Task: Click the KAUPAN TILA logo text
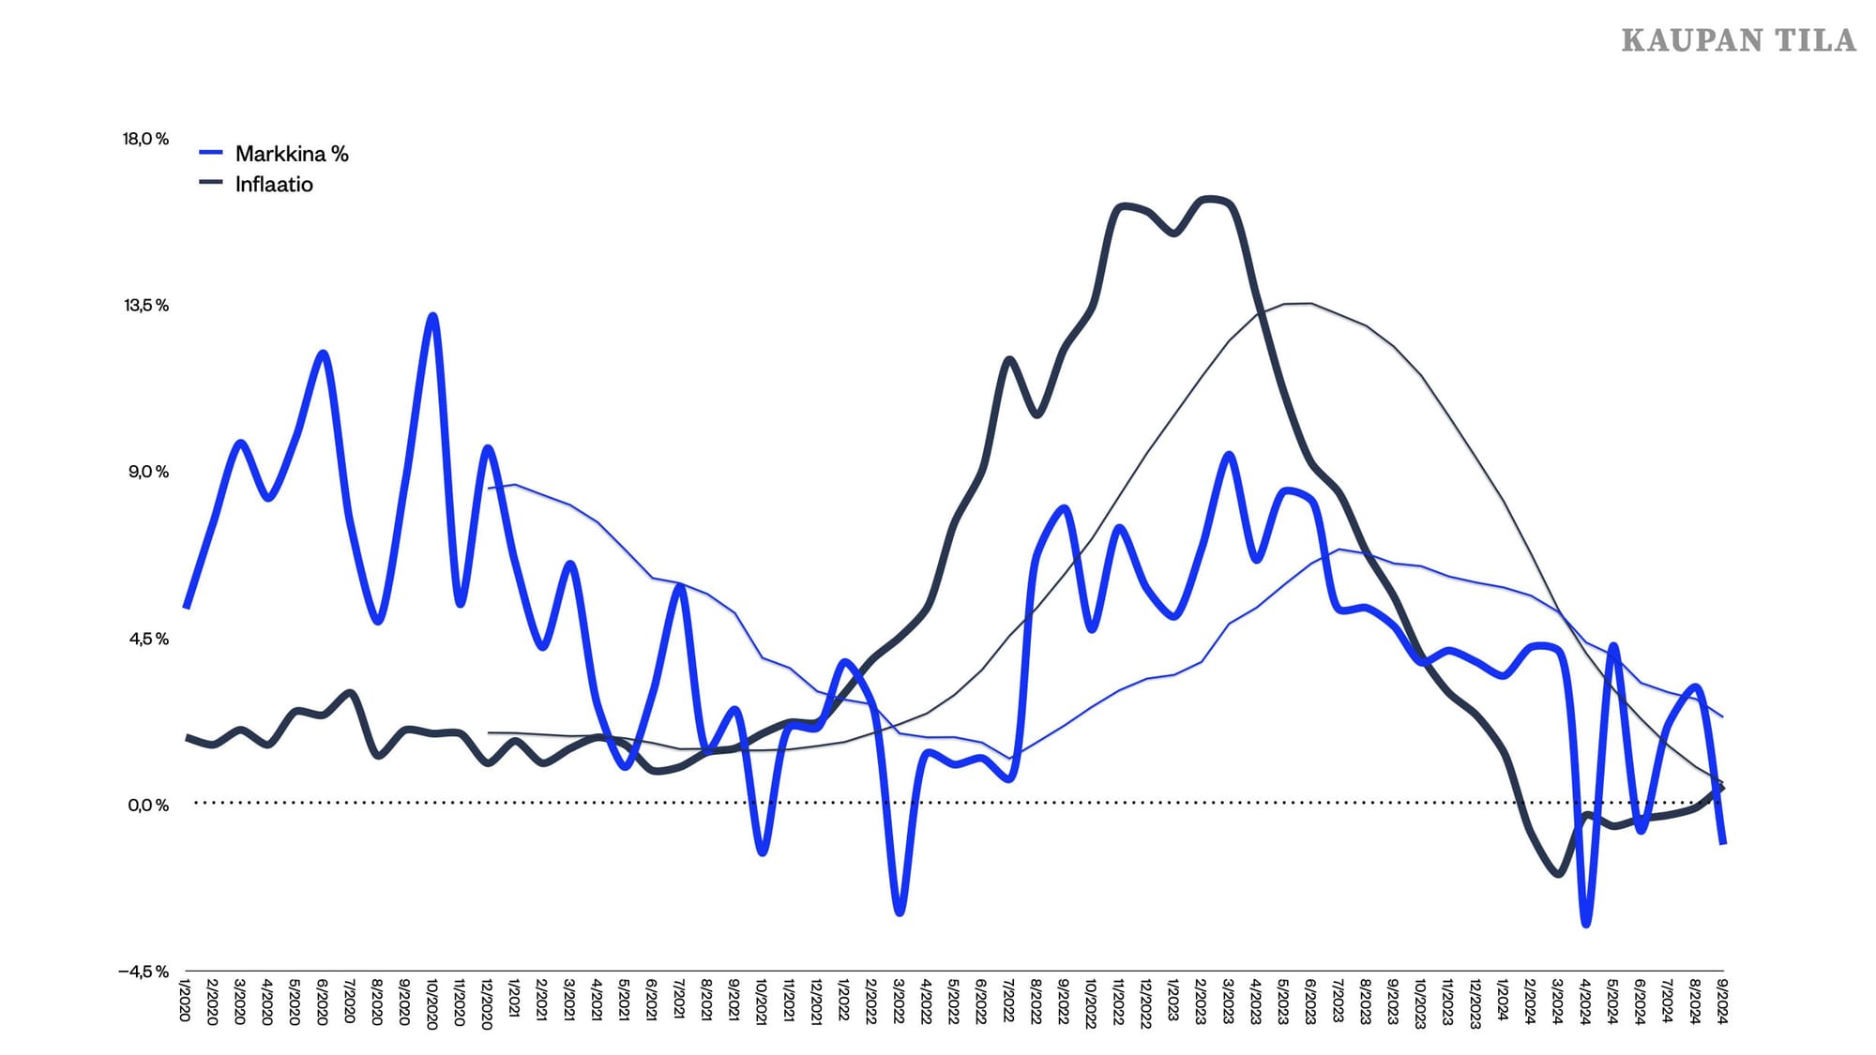(x=1738, y=40)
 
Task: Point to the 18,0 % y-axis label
(x=145, y=139)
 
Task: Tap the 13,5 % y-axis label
(x=145, y=306)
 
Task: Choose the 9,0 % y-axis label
(x=147, y=472)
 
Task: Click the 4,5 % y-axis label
(x=147, y=639)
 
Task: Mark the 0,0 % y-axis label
(x=147, y=806)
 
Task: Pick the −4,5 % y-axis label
(x=143, y=972)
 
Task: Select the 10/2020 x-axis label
(x=432, y=1003)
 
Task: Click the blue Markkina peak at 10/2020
(x=432, y=316)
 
